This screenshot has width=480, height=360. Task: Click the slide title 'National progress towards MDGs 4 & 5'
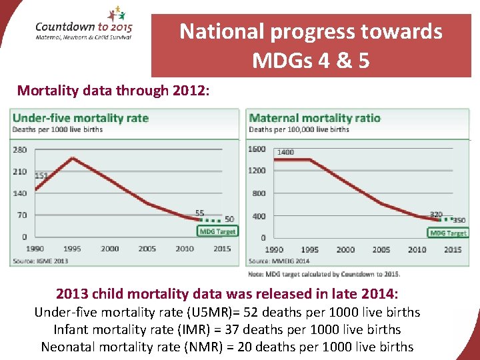(x=311, y=45)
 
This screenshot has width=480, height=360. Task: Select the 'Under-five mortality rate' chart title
(x=81, y=118)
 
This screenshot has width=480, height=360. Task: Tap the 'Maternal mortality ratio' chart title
(x=315, y=118)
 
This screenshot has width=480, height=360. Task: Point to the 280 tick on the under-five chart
(x=20, y=149)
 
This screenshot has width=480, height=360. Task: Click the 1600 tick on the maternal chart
(x=257, y=149)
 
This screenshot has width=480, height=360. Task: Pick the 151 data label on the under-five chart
(x=41, y=175)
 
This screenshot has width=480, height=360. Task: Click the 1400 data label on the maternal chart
(x=285, y=152)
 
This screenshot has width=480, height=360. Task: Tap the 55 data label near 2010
(x=199, y=213)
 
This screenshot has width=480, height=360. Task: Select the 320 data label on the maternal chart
(x=436, y=214)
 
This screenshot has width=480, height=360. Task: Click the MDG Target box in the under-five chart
(x=217, y=231)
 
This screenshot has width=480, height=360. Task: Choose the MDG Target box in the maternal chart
(x=448, y=233)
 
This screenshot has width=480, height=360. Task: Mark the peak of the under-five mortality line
(x=72, y=158)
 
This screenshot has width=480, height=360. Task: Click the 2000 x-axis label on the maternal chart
(x=345, y=249)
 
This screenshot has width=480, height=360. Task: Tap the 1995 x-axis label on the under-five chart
(x=72, y=249)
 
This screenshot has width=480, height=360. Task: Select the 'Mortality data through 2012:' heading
(x=113, y=91)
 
